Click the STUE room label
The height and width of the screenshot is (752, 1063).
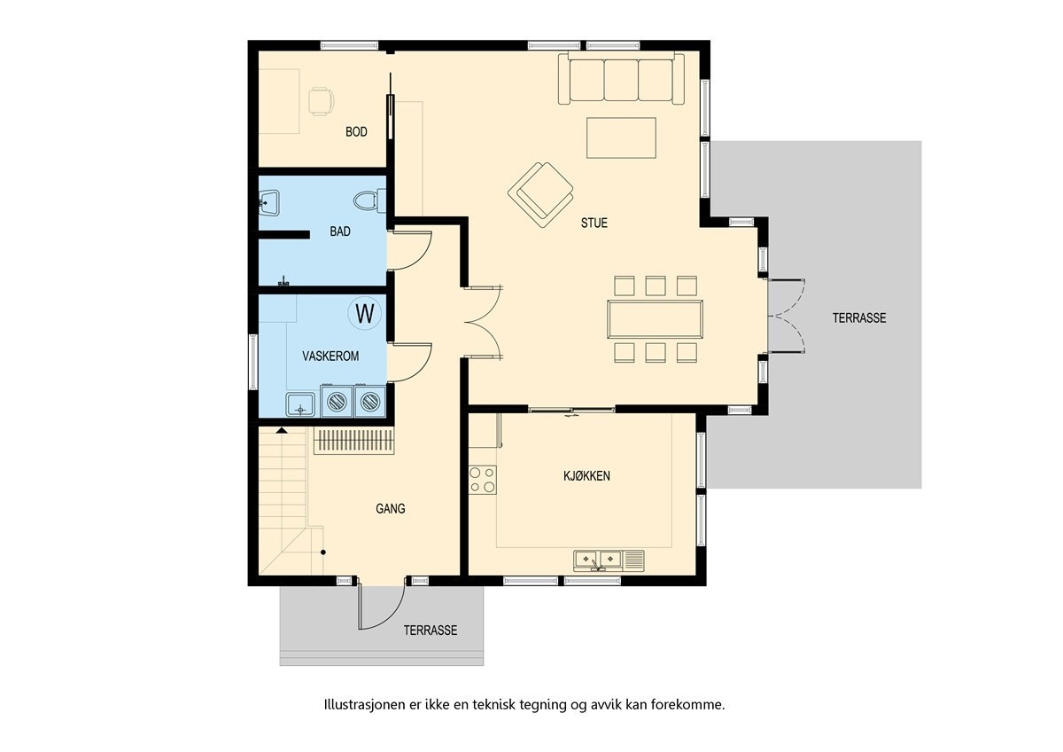pyautogui.click(x=594, y=223)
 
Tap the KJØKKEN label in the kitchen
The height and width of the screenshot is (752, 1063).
pyautogui.click(x=586, y=476)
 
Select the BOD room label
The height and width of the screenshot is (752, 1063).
pyautogui.click(x=356, y=132)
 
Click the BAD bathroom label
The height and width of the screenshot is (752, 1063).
pyautogui.click(x=339, y=231)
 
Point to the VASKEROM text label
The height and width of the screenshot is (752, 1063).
pyautogui.click(x=330, y=356)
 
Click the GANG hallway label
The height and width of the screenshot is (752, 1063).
pyautogui.click(x=390, y=509)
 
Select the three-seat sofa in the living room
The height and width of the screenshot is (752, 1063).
pyautogui.click(x=621, y=80)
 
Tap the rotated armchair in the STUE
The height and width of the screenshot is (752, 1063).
pyautogui.click(x=541, y=192)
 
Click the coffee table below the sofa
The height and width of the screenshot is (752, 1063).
pyautogui.click(x=620, y=137)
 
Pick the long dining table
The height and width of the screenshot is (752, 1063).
pyautogui.click(x=655, y=319)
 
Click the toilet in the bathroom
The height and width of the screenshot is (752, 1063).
pyautogui.click(x=368, y=200)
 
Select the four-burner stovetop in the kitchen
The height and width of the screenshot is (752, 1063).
pyautogui.click(x=483, y=480)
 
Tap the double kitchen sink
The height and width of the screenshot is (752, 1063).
pyautogui.click(x=600, y=559)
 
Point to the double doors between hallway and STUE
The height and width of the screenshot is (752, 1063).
pyautogui.click(x=484, y=321)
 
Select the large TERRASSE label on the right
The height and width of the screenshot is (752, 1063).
pyautogui.click(x=858, y=318)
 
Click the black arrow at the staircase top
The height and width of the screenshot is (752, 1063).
pyautogui.click(x=282, y=430)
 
